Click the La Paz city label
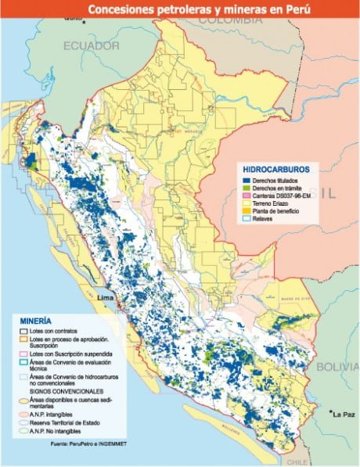point(344,413)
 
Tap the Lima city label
point(104,298)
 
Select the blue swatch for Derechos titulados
point(247,180)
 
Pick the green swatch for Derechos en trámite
point(247,188)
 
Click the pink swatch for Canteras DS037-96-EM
point(247,196)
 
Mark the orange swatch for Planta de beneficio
point(247,211)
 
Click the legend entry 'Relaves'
point(265,219)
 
